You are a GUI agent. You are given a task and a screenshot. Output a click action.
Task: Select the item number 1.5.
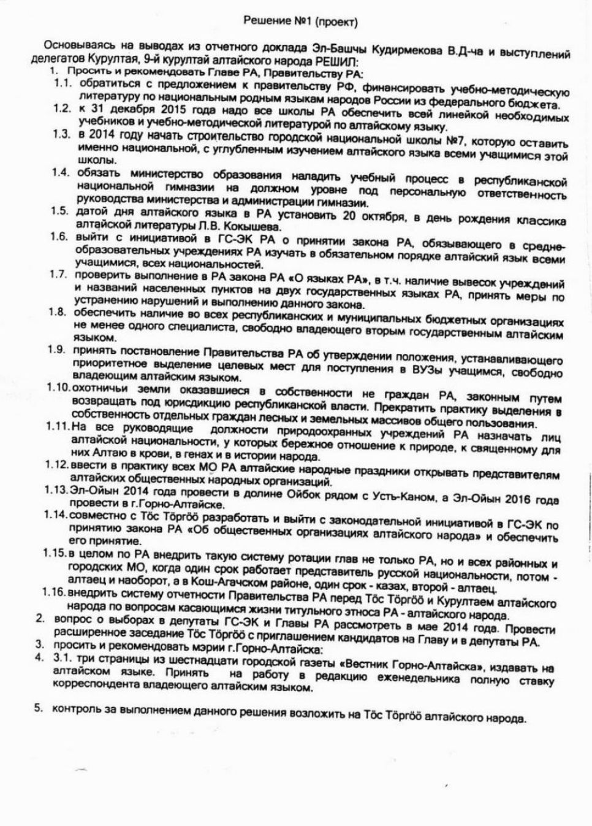[x=59, y=212]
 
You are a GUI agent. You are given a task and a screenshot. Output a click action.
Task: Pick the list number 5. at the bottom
[x=39, y=709]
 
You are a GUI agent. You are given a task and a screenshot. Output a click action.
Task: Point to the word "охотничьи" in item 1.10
[x=97, y=391]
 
